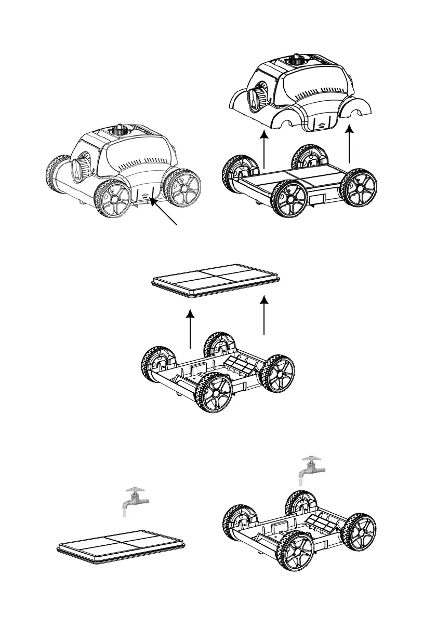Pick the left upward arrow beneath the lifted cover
click(265, 150)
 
